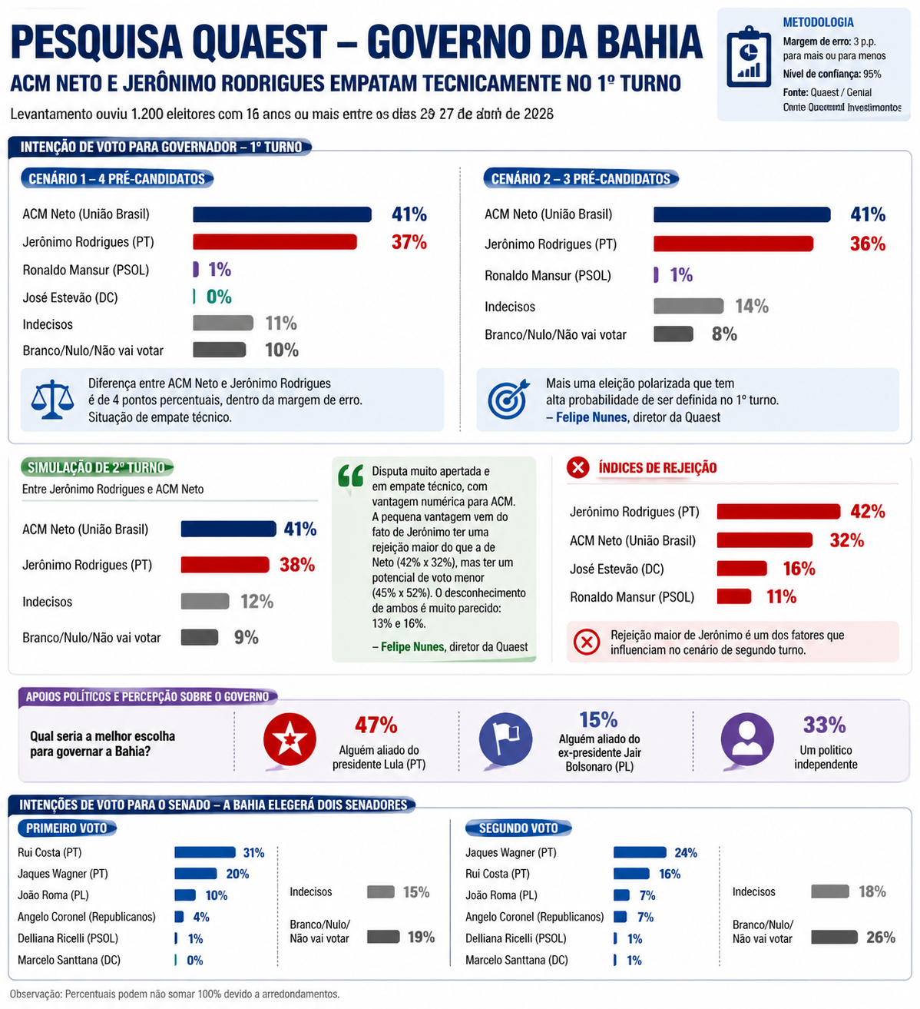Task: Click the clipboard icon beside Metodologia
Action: click(x=749, y=58)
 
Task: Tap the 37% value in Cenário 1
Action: click(x=409, y=242)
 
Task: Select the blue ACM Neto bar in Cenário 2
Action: click(x=741, y=214)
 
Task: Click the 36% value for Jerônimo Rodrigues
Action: click(x=867, y=244)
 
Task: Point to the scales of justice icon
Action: click(x=52, y=400)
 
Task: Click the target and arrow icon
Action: click(x=508, y=399)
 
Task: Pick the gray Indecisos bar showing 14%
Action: click(x=688, y=306)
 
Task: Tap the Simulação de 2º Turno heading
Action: click(x=96, y=467)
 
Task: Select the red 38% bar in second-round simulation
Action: click(x=225, y=565)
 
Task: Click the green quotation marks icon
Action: click(x=351, y=476)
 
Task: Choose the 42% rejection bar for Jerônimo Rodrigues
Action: click(x=778, y=512)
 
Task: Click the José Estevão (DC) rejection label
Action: click(x=616, y=569)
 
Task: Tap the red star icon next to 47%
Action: click(x=290, y=740)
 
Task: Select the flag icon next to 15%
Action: click(x=505, y=740)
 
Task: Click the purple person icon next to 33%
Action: click(x=746, y=740)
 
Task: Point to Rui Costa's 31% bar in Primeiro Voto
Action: click(x=204, y=852)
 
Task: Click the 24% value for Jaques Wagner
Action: click(x=685, y=852)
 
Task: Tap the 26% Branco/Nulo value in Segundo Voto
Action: click(x=880, y=938)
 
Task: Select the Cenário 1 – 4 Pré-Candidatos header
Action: click(x=117, y=179)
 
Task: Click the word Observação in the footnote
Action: click(x=35, y=994)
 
